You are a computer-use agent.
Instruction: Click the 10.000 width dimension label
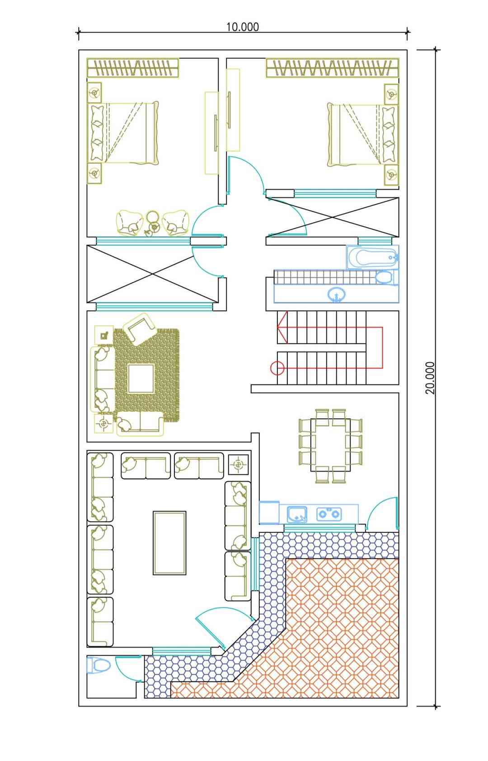pyautogui.click(x=242, y=27)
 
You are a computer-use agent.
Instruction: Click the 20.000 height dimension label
pyautogui.click(x=430, y=378)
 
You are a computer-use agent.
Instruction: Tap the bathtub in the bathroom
pyautogui.click(x=372, y=257)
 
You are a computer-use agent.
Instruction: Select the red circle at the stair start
pyautogui.click(x=277, y=368)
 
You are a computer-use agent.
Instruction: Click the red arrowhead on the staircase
pyautogui.click(x=282, y=327)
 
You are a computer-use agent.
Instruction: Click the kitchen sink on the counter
pyautogui.click(x=297, y=514)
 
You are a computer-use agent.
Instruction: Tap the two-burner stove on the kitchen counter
pyautogui.click(x=329, y=514)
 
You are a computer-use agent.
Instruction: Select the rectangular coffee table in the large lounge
pyautogui.click(x=169, y=543)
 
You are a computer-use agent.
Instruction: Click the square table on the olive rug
pyautogui.click(x=141, y=378)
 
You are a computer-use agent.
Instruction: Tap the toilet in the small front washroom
pyautogui.click(x=98, y=665)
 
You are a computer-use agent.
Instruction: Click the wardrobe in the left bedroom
pyautogui.click(x=132, y=68)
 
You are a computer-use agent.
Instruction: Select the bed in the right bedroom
pyautogui.click(x=362, y=134)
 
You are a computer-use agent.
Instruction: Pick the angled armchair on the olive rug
pyautogui.click(x=139, y=329)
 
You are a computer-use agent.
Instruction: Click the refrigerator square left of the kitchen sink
pyautogui.click(x=269, y=512)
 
